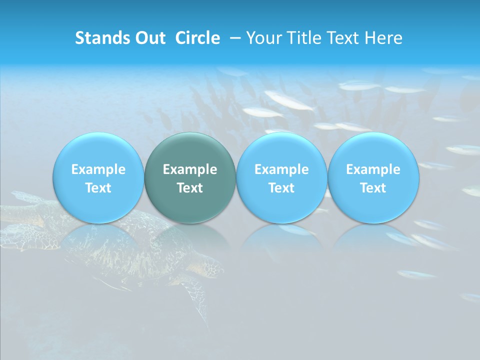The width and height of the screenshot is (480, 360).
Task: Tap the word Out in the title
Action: click(149, 38)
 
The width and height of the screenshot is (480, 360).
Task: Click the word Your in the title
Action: click(262, 38)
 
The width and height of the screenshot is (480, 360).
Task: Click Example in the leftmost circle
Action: click(98, 169)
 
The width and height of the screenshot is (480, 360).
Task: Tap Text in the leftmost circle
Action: click(98, 188)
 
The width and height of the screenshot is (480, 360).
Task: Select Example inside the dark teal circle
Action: click(190, 169)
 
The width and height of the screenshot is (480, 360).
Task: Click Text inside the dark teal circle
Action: click(190, 188)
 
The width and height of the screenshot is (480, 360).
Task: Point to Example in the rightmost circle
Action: click(373, 169)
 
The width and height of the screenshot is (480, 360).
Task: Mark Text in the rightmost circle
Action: click(373, 188)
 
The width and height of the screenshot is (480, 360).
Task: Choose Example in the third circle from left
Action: click(281, 169)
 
